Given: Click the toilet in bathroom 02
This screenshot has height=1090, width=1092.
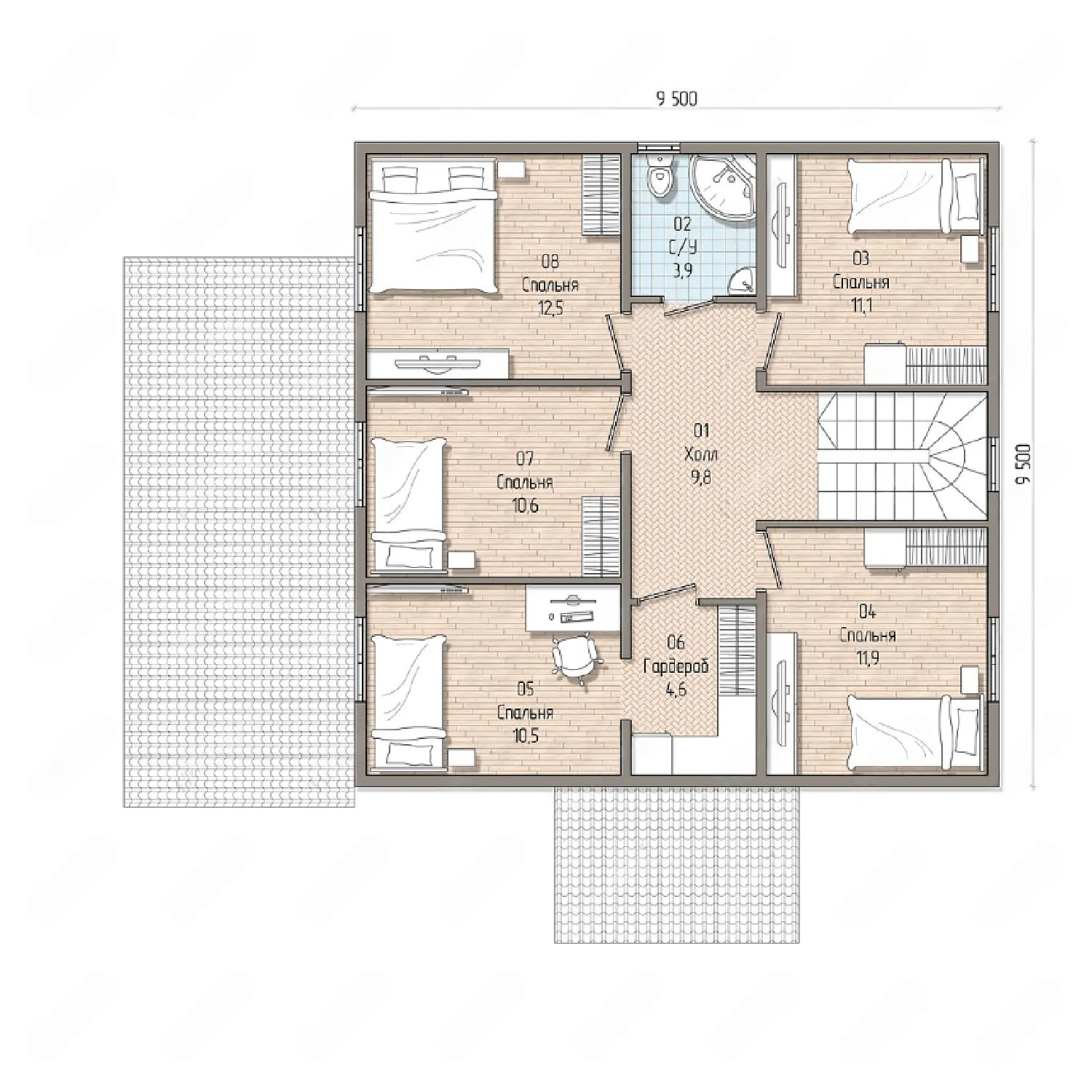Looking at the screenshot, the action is (x=660, y=175).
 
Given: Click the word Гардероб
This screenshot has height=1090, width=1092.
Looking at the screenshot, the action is (x=676, y=666).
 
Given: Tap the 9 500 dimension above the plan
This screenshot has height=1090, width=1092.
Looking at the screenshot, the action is (x=676, y=98).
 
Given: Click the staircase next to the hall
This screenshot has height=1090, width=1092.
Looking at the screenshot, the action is (x=903, y=457).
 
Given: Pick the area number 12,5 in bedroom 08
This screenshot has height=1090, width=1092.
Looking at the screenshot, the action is (x=550, y=308).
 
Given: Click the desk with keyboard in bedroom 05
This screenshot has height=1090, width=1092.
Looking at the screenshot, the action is (x=572, y=608).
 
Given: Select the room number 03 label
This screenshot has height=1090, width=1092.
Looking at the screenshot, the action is (x=861, y=258).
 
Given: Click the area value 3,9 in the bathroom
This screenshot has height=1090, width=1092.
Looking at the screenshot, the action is (x=682, y=272).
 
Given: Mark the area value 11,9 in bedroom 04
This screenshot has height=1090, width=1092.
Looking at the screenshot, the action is (x=867, y=660).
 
